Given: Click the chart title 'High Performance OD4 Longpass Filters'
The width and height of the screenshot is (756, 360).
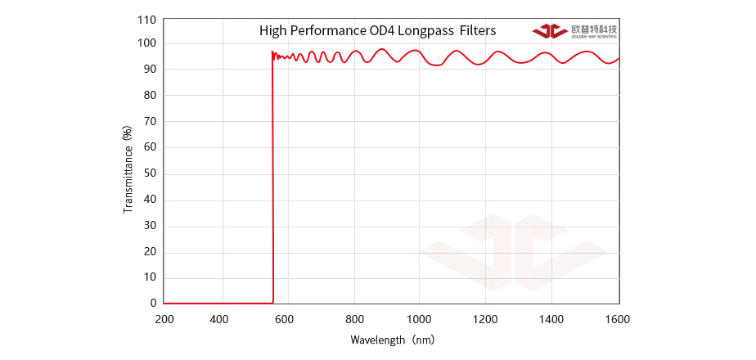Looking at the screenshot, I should coord(377,31).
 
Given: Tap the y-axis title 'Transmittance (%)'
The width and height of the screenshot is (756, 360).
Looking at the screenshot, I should coord(128,169).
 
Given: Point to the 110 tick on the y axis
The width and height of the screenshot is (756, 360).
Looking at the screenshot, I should coord(147,18).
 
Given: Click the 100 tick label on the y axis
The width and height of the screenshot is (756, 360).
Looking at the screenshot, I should coord(147,43).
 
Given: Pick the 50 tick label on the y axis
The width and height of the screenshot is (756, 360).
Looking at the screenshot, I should coord(150,173).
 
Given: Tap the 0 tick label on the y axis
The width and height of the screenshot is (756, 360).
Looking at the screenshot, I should coord(153,303).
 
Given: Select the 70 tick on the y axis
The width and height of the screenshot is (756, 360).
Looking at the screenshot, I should coord(150,122).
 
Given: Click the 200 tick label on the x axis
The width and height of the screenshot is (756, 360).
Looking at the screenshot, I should coord(164,318).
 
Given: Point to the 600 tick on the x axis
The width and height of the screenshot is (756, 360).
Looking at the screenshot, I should coord(285,318).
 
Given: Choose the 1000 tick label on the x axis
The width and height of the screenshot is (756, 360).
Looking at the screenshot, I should coord(419,318).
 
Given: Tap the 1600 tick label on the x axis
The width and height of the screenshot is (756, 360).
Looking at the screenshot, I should coord(619,318).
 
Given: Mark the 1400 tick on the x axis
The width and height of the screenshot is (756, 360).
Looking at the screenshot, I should coord(552,318).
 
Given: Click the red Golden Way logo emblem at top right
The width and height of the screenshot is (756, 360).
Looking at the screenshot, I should coord(549,31).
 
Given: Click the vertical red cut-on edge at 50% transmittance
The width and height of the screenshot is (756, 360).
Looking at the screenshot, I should coord(272,173).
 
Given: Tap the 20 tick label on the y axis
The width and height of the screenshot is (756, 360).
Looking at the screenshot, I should coord(150,251).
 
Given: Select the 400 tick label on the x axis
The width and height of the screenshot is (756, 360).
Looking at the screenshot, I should coord(218,318).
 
